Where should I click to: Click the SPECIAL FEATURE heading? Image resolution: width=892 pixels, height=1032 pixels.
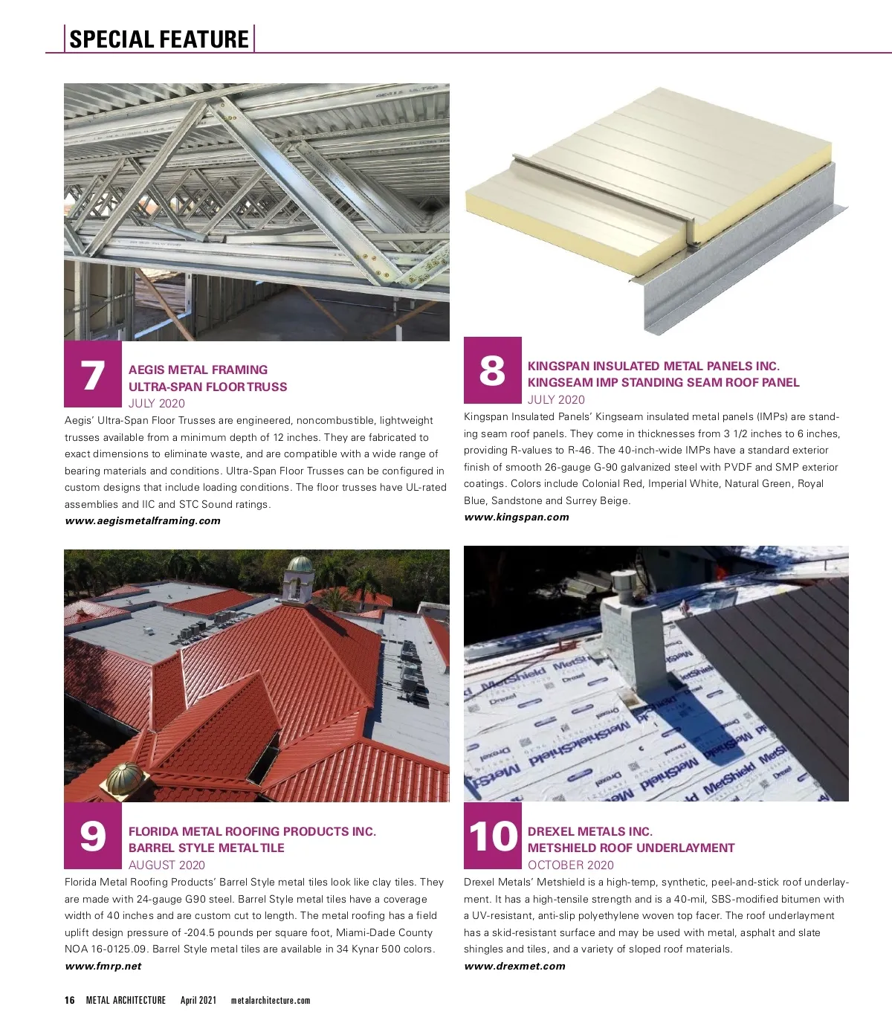click(159, 39)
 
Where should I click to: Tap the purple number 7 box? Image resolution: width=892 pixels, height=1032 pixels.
click(93, 374)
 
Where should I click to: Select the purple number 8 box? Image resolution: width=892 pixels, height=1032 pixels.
click(493, 370)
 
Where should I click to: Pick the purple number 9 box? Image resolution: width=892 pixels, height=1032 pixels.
click(93, 836)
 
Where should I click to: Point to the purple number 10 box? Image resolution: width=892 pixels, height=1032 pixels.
click(493, 836)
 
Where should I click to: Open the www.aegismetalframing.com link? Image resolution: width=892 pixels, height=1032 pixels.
click(143, 520)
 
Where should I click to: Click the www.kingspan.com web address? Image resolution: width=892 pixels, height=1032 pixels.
click(517, 517)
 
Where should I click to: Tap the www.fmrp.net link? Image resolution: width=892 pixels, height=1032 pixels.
click(103, 966)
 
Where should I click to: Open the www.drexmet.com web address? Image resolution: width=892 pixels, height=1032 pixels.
click(514, 966)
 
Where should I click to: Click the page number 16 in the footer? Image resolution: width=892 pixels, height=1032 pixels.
click(69, 1000)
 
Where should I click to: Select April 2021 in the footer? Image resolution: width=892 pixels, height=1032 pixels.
click(198, 1000)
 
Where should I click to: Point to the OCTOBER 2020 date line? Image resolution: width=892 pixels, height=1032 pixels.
click(571, 865)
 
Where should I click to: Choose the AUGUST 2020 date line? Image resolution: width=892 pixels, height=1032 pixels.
click(167, 865)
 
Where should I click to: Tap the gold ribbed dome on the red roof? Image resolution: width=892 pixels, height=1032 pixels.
click(123, 778)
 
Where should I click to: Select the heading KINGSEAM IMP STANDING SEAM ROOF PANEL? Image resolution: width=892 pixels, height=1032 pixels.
click(663, 382)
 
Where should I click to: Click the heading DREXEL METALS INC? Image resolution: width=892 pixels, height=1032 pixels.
click(590, 831)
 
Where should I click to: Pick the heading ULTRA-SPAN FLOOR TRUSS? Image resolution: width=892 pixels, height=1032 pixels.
click(207, 387)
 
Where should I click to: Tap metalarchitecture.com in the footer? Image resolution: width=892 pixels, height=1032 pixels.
click(271, 1001)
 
